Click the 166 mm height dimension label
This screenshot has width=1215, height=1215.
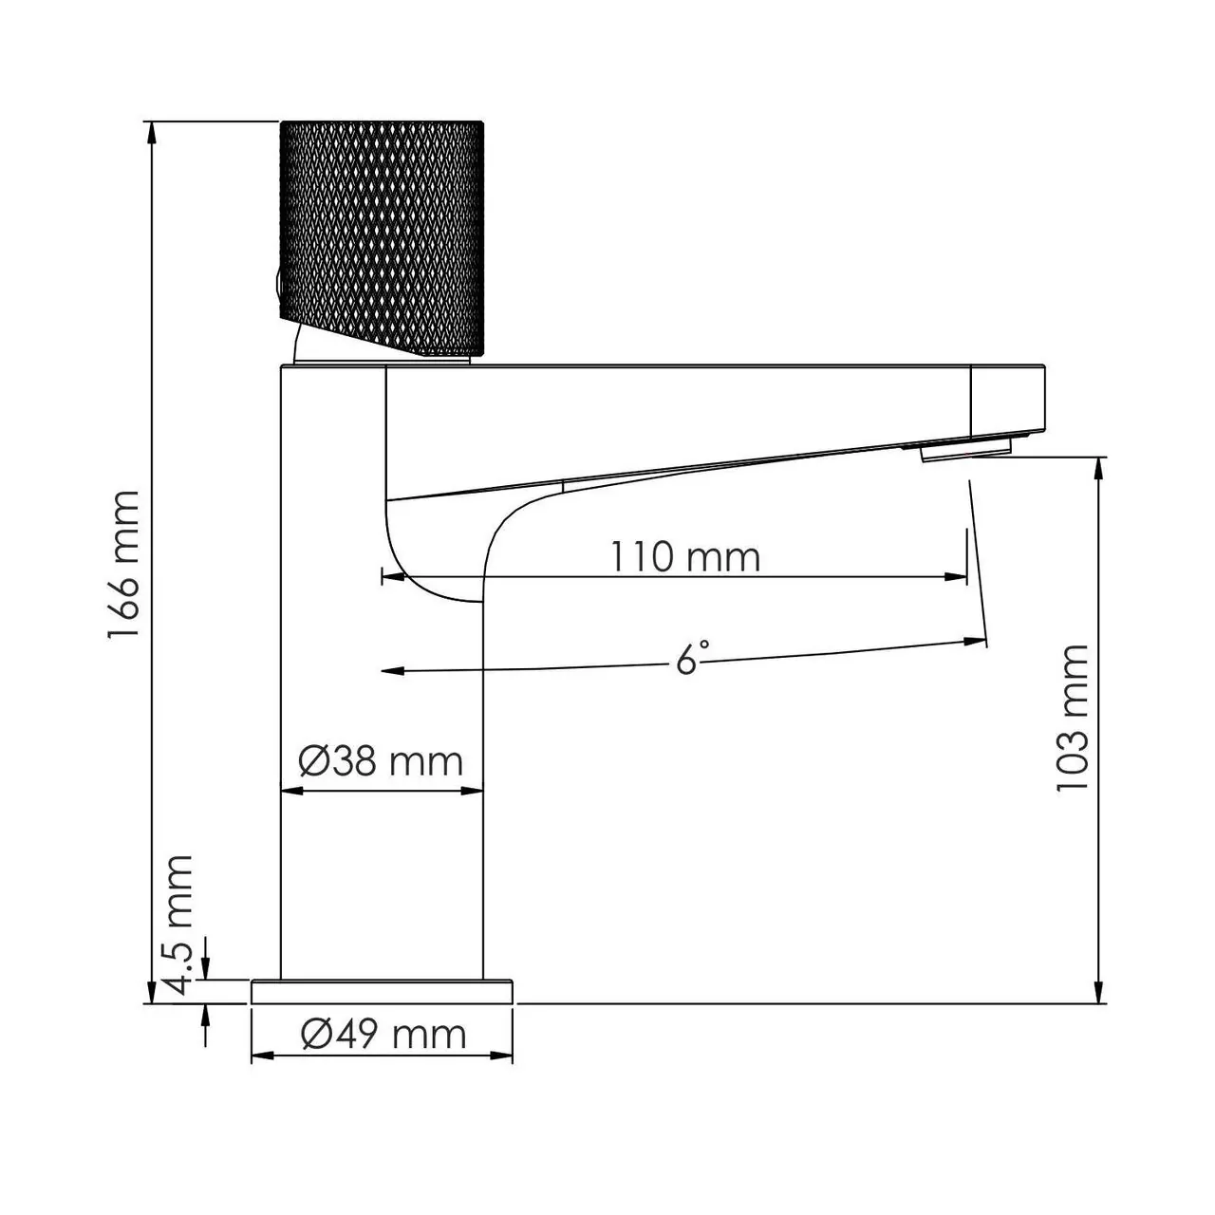pos(124,567)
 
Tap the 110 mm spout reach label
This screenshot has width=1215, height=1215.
pos(684,556)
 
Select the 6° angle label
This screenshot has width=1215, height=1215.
pos(692,657)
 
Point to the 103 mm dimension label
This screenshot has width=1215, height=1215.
pos(1074,719)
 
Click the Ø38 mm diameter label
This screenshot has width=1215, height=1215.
pos(381,760)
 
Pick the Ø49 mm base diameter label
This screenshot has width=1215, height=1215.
pos(383,1033)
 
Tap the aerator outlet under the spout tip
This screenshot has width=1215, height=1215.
pos(966,448)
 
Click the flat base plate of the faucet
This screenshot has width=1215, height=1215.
pos(382,991)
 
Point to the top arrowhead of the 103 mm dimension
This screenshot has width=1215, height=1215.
pos(1100,468)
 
